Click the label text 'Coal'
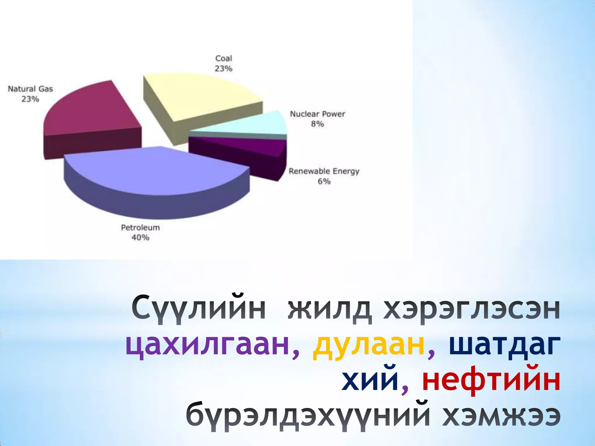(x=223, y=58)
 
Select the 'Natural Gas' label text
(x=31, y=89)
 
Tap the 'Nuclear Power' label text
(x=318, y=114)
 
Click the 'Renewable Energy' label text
(x=324, y=171)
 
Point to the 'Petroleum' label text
(x=140, y=227)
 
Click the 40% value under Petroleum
(x=140, y=238)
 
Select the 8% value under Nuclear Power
(x=317, y=124)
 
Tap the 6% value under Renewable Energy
(x=324, y=181)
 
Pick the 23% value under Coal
(x=223, y=69)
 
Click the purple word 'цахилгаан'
(x=208, y=346)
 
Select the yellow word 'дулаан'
(x=368, y=346)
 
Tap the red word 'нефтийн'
(x=491, y=380)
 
